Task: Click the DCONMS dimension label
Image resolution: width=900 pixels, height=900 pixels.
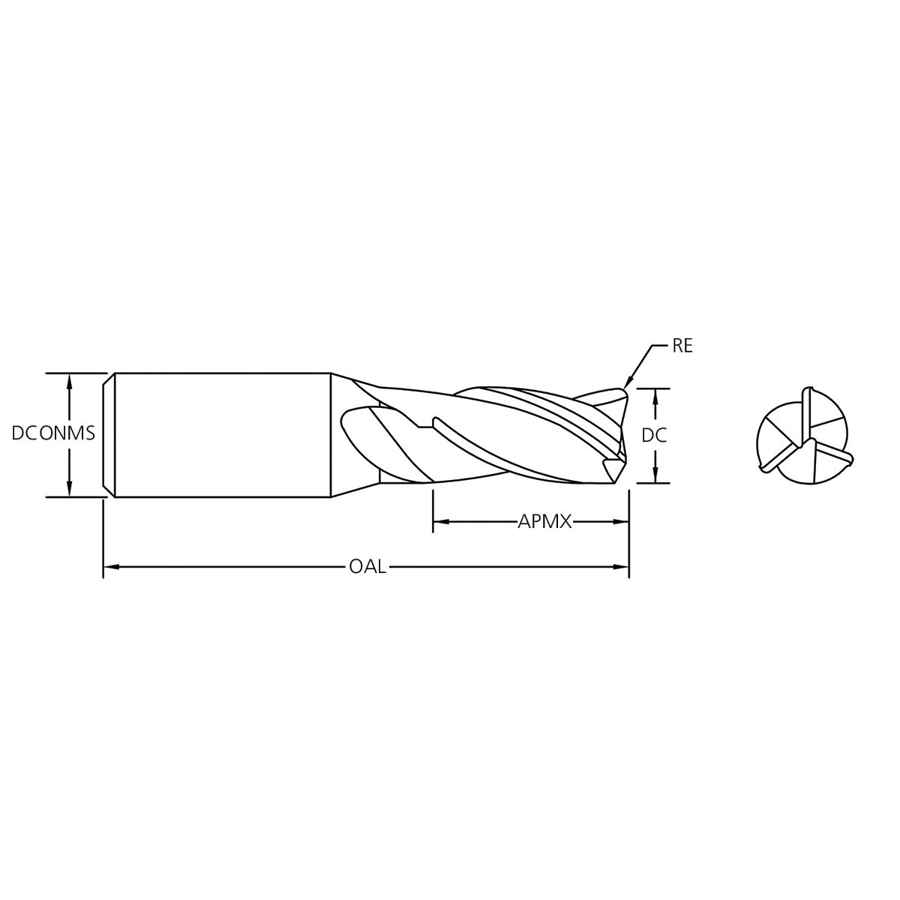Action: pyautogui.click(x=53, y=433)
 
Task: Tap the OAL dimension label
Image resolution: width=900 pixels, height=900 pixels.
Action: pyautogui.click(x=367, y=567)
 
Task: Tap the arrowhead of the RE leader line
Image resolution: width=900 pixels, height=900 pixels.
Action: pyautogui.click(x=628, y=385)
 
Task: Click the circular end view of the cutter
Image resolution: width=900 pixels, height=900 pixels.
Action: pyautogui.click(x=802, y=435)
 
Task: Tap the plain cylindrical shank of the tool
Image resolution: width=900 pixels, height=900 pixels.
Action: pyautogui.click(x=225, y=435)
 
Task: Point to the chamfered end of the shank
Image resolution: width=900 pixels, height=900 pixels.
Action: pyautogui.click(x=109, y=435)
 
